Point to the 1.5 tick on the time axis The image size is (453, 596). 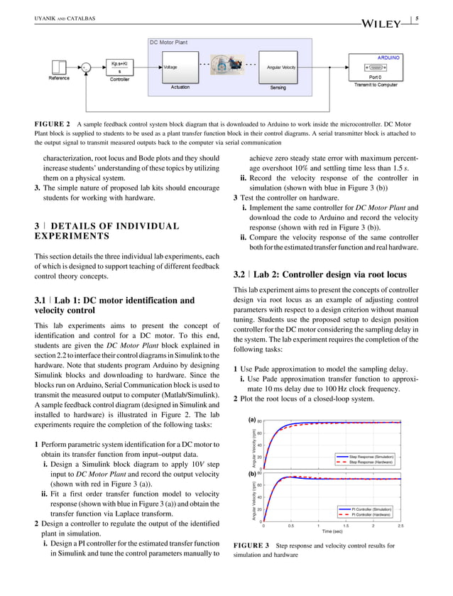(x=345, y=526)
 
